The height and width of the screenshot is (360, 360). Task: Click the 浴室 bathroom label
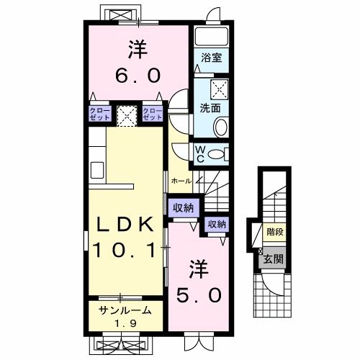click(211, 58)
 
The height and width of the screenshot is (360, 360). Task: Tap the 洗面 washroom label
click(210, 108)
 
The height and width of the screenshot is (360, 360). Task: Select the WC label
click(200, 154)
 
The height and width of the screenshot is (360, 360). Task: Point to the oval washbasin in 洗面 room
click(220, 127)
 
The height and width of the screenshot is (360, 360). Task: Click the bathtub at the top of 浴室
click(211, 37)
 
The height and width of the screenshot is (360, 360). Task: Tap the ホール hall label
click(181, 181)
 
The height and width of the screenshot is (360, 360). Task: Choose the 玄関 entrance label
click(273, 259)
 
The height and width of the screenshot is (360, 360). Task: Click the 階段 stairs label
click(275, 232)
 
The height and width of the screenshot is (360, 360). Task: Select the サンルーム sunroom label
click(125, 310)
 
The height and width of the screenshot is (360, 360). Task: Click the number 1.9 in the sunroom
click(125, 324)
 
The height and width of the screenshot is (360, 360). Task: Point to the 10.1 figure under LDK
click(124, 250)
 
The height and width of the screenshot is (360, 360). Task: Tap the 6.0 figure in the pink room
click(138, 75)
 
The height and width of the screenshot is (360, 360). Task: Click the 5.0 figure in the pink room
click(199, 295)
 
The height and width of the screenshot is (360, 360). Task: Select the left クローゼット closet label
click(100, 114)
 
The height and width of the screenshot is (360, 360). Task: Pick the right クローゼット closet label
click(153, 114)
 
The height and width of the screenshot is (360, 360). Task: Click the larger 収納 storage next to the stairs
click(184, 208)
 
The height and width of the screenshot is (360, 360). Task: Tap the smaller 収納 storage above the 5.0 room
click(217, 224)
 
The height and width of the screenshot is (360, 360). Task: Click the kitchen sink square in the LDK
click(97, 170)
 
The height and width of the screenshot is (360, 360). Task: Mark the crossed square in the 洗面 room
click(220, 89)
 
